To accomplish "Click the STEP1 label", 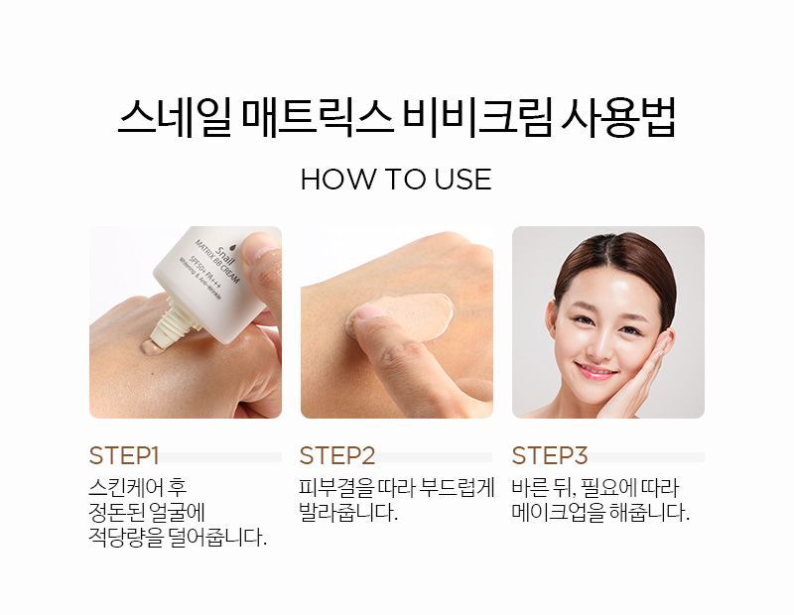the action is click(x=124, y=455).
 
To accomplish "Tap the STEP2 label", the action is click(x=337, y=455).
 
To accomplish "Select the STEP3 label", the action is click(x=550, y=455).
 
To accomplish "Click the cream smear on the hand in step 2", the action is click(x=415, y=315).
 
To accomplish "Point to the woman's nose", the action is click(x=599, y=344).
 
